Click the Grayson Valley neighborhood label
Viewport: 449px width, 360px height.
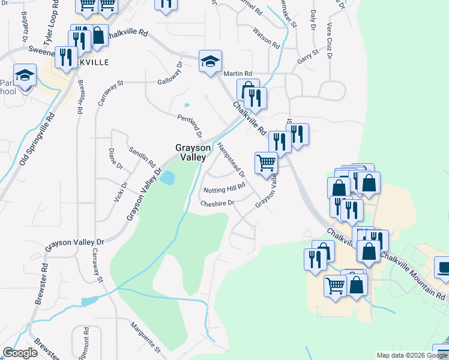[x=193, y=152]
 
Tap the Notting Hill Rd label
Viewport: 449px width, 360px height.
[x=225, y=189]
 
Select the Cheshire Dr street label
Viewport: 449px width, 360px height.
[x=217, y=203]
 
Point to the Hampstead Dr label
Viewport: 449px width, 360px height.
[x=231, y=160]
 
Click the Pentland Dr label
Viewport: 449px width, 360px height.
[x=190, y=125]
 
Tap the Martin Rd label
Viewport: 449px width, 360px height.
[x=236, y=73]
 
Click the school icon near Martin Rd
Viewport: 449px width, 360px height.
[x=210, y=61]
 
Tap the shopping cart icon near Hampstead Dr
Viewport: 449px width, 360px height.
[x=266, y=162]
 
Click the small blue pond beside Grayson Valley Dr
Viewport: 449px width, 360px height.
[x=168, y=178]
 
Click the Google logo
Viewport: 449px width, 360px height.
[x=20, y=353]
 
